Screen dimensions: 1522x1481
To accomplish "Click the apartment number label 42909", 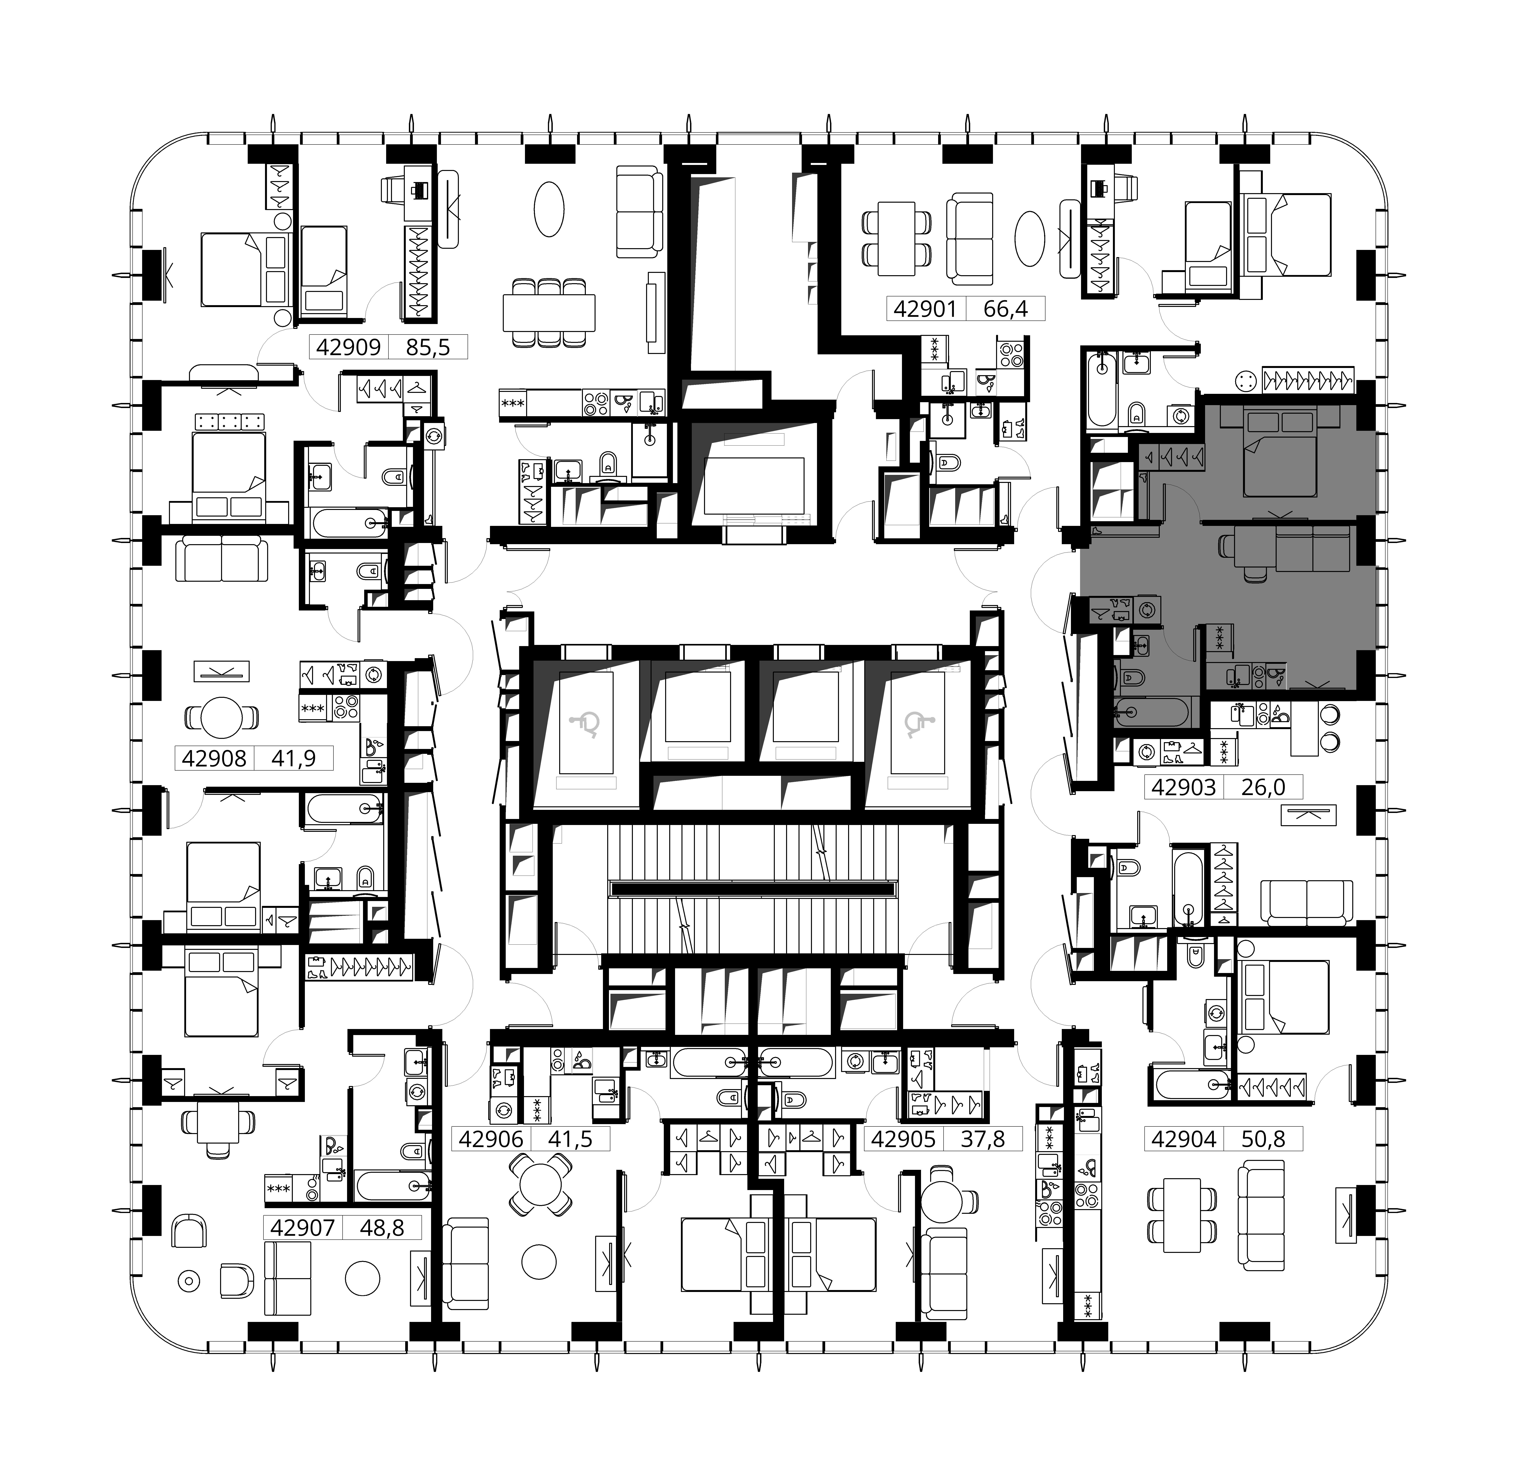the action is tap(349, 347).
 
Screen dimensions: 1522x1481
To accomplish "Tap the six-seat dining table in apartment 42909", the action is tap(549, 313).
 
